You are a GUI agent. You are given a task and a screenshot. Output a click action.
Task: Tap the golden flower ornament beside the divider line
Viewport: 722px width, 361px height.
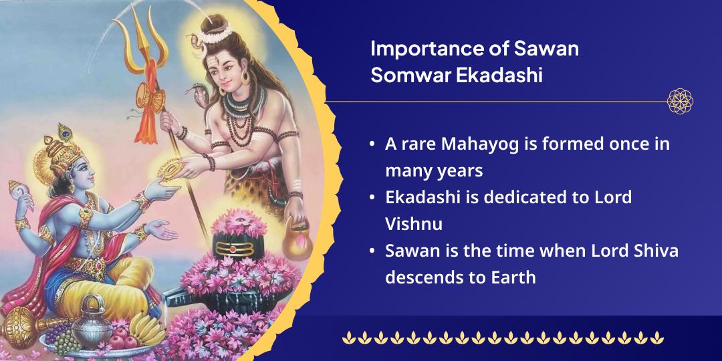coord(680,102)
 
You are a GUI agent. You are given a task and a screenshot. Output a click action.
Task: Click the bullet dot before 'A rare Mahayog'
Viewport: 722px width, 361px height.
coord(371,144)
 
